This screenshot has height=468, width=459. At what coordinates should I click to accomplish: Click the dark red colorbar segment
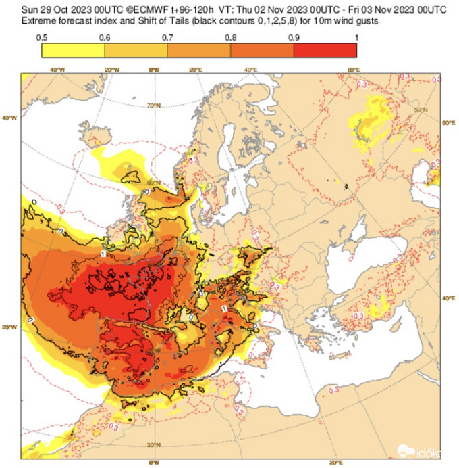point(325,50)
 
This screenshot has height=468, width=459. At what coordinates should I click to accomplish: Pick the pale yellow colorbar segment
point(73,50)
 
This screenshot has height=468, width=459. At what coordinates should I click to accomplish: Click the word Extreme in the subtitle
point(39,20)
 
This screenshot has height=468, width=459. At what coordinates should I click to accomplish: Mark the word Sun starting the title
point(28,9)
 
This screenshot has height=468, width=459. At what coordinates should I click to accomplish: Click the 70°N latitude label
point(154,106)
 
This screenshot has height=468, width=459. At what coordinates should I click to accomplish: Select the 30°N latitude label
point(154,444)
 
